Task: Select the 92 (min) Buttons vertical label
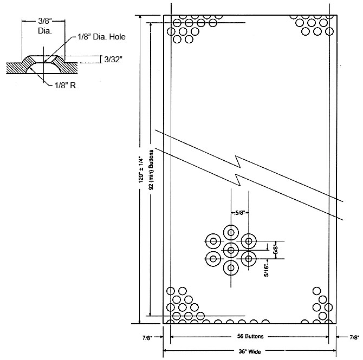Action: (x=152, y=168)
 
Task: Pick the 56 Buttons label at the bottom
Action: (x=250, y=336)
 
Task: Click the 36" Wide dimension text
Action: (x=250, y=350)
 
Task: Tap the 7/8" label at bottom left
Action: (x=147, y=337)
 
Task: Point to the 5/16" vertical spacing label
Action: (x=267, y=267)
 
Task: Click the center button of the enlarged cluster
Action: (x=231, y=250)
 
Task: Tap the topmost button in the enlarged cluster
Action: (x=231, y=233)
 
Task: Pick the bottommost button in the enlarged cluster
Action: (x=231, y=267)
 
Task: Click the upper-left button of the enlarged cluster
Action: (x=213, y=241)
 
